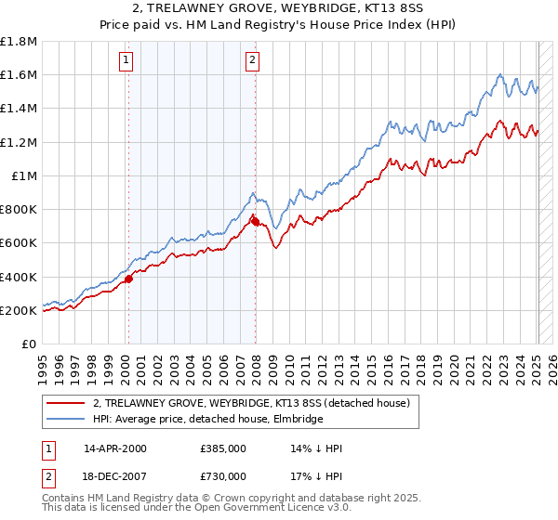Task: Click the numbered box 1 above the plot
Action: click(x=126, y=61)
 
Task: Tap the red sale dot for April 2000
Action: click(x=129, y=279)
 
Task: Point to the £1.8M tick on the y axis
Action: click(x=19, y=42)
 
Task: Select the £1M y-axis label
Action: click(x=25, y=175)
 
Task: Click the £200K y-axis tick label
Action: click(x=19, y=310)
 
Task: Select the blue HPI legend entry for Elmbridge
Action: click(x=206, y=419)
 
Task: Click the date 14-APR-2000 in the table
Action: click(x=115, y=448)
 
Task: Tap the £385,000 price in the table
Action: click(x=222, y=448)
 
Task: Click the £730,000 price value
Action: click(x=222, y=476)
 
